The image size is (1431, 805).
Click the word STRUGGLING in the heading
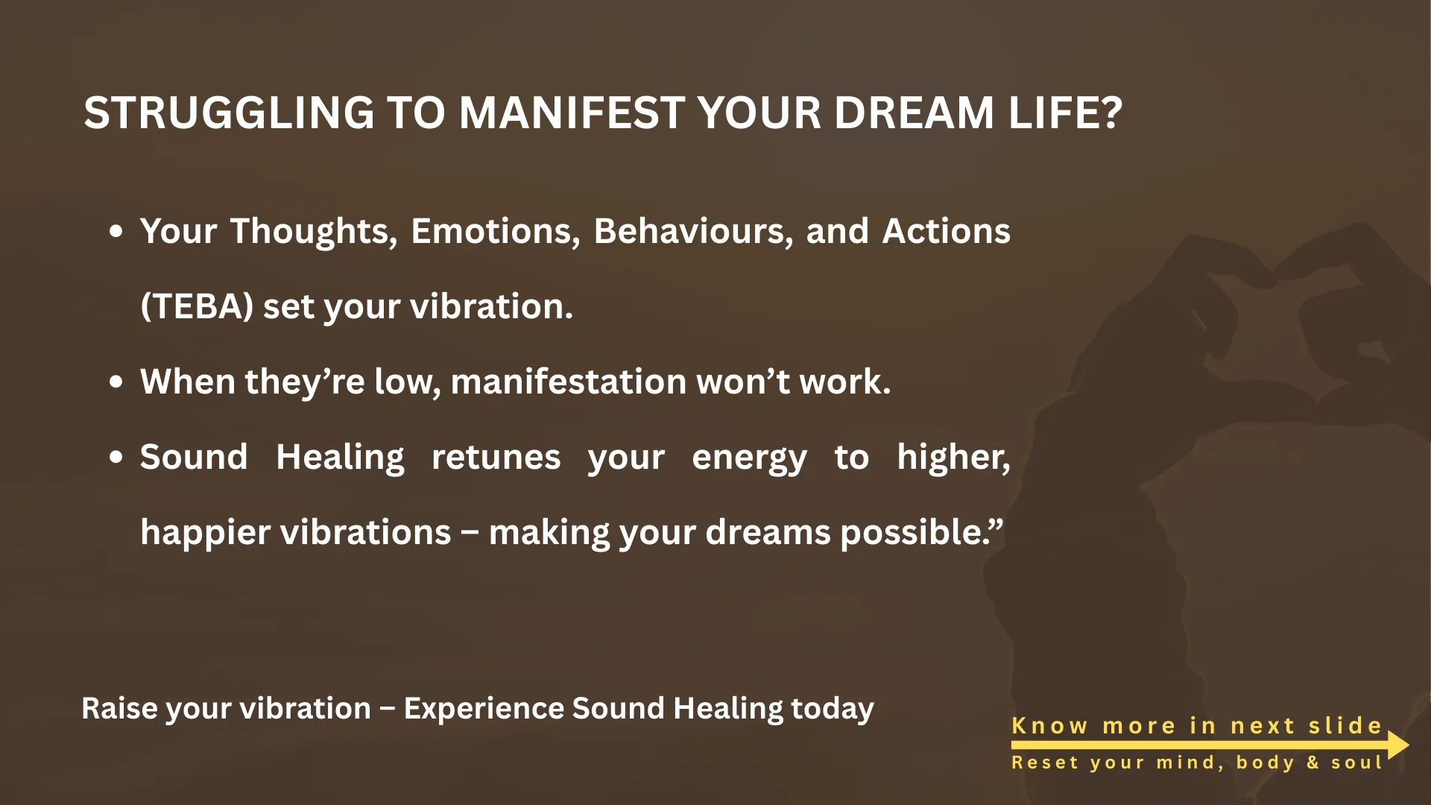(229, 113)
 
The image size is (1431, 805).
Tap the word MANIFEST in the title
(572, 113)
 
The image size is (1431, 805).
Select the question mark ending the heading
(1111, 113)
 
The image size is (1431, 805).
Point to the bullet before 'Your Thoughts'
(116, 231)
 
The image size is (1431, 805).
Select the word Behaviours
(693, 231)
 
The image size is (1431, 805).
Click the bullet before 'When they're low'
(116, 382)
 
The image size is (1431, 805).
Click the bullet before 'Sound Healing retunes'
(116, 457)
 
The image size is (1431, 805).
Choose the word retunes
(496, 457)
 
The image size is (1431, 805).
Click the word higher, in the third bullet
(954, 457)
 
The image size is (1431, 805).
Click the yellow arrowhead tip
(1409, 745)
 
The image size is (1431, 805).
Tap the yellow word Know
(1049, 725)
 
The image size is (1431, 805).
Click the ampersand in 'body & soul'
(1312, 763)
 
